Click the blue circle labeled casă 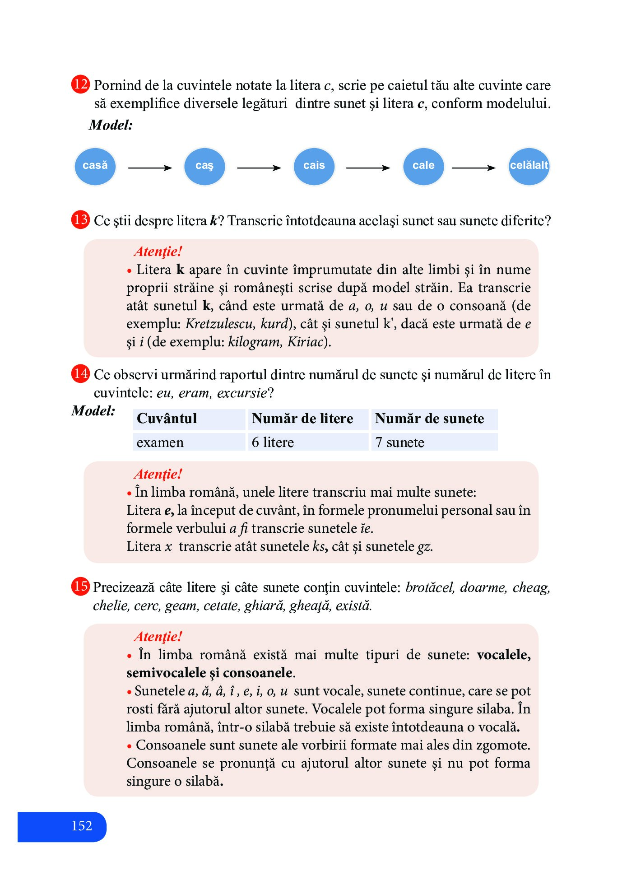pyautogui.click(x=95, y=166)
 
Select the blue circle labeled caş pyautogui.click(x=204, y=166)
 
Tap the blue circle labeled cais pyautogui.click(x=314, y=166)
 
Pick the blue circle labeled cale pyautogui.click(x=423, y=166)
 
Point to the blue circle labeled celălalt pyautogui.click(x=529, y=166)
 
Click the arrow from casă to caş pyautogui.click(x=150, y=168)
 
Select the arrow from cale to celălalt pyautogui.click(x=473, y=168)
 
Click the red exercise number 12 pyautogui.click(x=81, y=84)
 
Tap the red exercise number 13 pyautogui.click(x=81, y=220)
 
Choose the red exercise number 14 pyautogui.click(x=81, y=374)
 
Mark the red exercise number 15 pyautogui.click(x=81, y=587)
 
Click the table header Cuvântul pyautogui.click(x=167, y=419)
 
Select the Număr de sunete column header pyautogui.click(x=429, y=419)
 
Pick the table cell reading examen pyautogui.click(x=160, y=442)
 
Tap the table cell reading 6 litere pyautogui.click(x=273, y=442)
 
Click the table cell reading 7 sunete pyautogui.click(x=399, y=442)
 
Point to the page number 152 pyautogui.click(x=82, y=826)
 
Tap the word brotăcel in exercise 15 pyautogui.click(x=430, y=587)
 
